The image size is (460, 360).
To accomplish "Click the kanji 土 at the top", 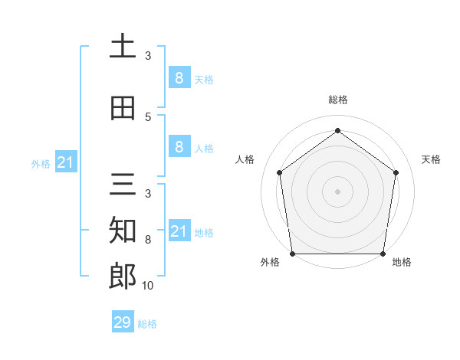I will coord(123,47).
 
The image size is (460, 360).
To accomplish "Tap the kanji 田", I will coord(123,109).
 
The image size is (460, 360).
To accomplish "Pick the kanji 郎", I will coord(123,276).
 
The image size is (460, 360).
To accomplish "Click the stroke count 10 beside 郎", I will coord(148,285).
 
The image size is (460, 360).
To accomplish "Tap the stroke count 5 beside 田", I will coord(148,117).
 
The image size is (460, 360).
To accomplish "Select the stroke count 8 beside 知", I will coord(148,240).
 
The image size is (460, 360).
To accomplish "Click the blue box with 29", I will coord(123,322).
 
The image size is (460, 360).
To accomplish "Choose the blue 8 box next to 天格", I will coord(179,77).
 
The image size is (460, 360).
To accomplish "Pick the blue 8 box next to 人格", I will coord(179,147).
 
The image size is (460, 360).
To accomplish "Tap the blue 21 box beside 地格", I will coord(179,231).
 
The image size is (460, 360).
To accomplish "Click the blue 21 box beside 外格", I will coord(65,162).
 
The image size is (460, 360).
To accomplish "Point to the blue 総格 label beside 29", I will coord(147,324).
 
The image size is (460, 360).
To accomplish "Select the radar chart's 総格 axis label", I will coord(337,100).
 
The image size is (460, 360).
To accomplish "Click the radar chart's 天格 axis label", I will coord(432,159).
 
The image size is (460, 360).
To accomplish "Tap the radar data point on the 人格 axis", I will coord(279,172).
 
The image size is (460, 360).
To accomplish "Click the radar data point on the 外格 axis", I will coord(292,254).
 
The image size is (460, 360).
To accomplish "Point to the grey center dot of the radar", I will coord(337,191).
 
